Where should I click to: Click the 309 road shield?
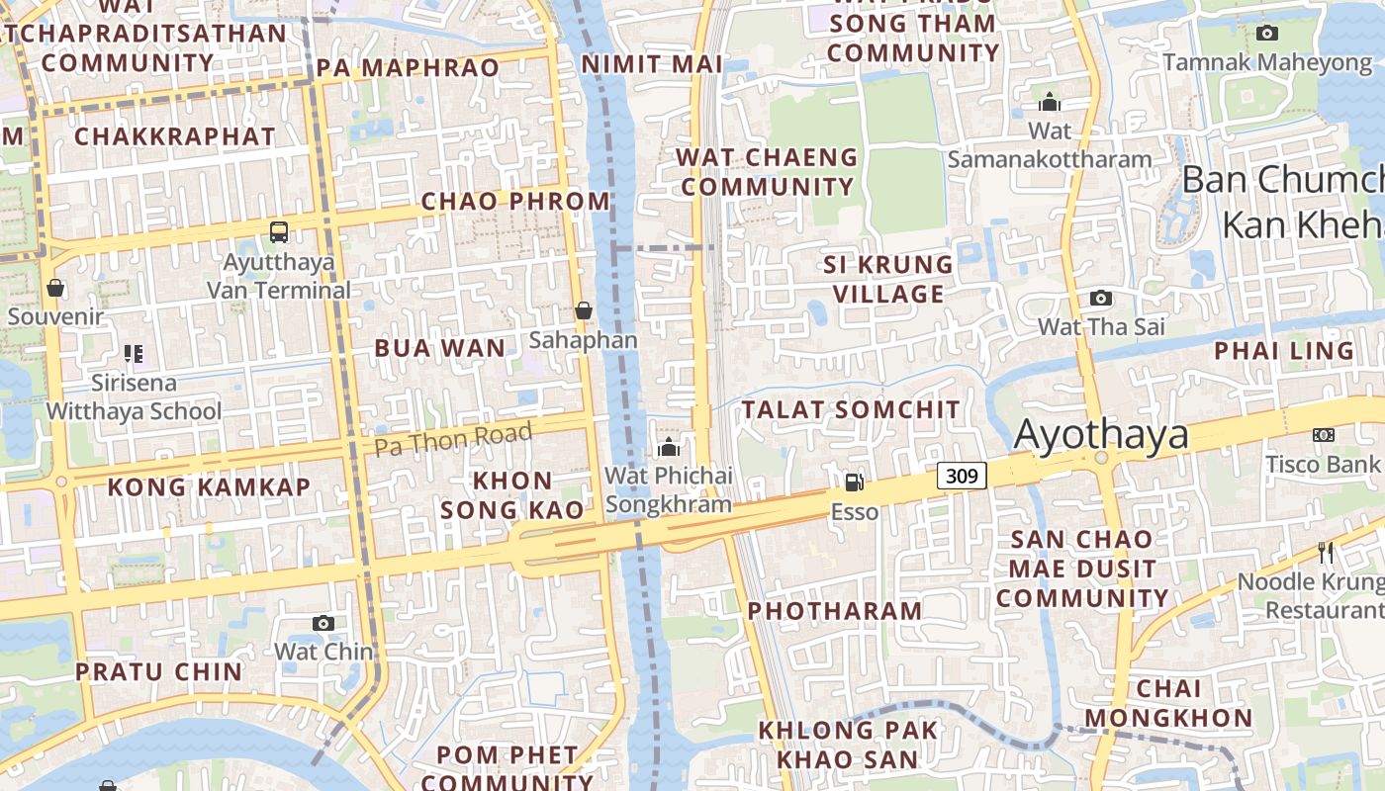pyautogui.click(x=962, y=476)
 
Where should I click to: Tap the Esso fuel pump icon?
pyautogui.click(x=854, y=483)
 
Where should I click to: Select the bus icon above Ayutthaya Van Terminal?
pyautogui.click(x=279, y=232)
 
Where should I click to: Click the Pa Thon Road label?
pyautogui.click(x=453, y=438)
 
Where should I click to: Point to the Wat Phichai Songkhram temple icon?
pyautogui.click(x=669, y=447)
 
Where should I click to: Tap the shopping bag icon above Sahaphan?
pyautogui.click(x=584, y=310)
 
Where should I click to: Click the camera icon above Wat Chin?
pyautogui.click(x=323, y=623)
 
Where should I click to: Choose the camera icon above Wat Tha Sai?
pyautogui.click(x=1100, y=298)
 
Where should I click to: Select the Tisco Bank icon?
pyautogui.click(x=1324, y=435)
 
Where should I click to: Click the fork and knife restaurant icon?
pyautogui.click(x=1326, y=552)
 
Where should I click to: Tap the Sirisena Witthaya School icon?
pyautogui.click(x=134, y=353)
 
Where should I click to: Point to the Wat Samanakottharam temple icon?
pyautogui.click(x=1050, y=102)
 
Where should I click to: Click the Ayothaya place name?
pyautogui.click(x=1101, y=435)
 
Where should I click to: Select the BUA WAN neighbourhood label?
pyautogui.click(x=440, y=348)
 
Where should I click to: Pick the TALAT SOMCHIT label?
pyautogui.click(x=851, y=409)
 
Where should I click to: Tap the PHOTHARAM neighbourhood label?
pyautogui.click(x=835, y=611)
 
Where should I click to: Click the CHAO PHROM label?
pyautogui.click(x=516, y=201)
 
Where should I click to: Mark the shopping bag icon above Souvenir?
pyautogui.click(x=55, y=288)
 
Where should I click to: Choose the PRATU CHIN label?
pyautogui.click(x=159, y=671)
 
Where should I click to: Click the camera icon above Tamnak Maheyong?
pyautogui.click(x=1266, y=33)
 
